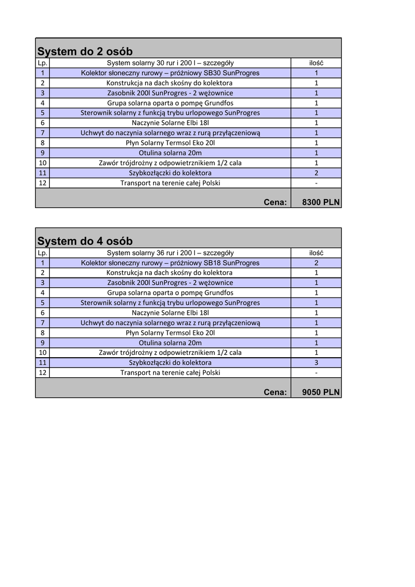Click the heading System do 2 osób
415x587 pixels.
point(85,52)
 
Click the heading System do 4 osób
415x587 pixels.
point(85,241)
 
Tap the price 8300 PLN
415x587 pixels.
point(320,202)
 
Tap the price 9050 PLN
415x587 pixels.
point(320,392)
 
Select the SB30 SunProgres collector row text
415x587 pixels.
point(170,73)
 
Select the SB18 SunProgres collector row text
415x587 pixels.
point(170,263)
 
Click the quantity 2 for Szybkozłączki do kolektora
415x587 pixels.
point(316,173)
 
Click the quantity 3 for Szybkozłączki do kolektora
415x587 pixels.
point(316,363)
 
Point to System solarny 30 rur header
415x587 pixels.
point(170,63)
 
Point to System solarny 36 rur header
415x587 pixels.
point(170,253)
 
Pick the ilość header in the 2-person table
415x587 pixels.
point(316,63)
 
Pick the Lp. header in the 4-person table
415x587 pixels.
point(42,253)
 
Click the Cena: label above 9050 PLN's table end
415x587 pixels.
point(275,392)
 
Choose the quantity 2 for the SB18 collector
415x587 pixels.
point(316,263)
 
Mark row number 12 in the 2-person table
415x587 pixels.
point(42,183)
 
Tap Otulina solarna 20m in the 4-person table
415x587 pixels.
point(170,343)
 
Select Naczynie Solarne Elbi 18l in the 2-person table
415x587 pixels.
point(170,123)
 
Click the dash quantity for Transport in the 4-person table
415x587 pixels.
point(316,373)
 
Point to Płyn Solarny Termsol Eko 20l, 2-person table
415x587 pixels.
point(170,143)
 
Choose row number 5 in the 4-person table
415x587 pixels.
point(42,303)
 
